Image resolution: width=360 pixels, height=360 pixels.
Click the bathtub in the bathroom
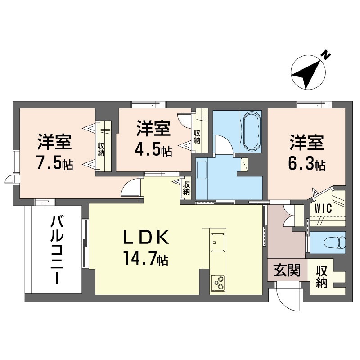[x=251, y=131]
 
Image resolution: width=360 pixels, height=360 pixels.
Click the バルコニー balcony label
[x=56, y=250]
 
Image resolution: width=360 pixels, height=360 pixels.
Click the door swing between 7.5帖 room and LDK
[x=132, y=188]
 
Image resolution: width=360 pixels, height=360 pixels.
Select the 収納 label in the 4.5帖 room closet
[x=197, y=136]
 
